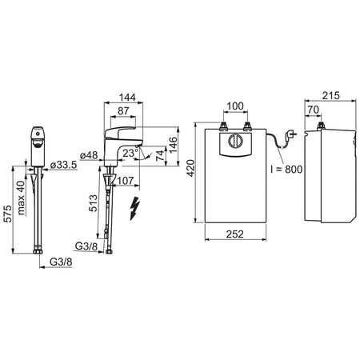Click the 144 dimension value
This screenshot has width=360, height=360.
[127, 98]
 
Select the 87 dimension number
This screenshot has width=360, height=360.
[123, 111]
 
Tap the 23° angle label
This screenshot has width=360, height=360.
[130, 153]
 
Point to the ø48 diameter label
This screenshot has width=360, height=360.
[89, 155]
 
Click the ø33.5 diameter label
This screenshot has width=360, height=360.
[63, 165]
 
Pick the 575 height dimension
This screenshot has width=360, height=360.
[8, 214]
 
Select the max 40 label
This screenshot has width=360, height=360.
[21, 198]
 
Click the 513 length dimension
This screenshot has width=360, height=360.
[94, 203]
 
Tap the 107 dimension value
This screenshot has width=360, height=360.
[126, 181]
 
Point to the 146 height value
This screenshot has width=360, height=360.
[174, 145]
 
